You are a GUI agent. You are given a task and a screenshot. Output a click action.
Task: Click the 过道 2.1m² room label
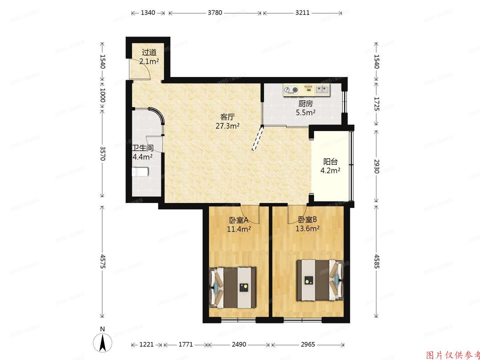pos(149,57)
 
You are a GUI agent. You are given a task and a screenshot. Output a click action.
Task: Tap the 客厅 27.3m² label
pos(228,121)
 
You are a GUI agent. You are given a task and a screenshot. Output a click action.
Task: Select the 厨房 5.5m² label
pos(306,108)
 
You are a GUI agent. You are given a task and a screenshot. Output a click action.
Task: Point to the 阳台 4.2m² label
pos(330,166)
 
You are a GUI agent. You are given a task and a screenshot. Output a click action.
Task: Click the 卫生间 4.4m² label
pos(143,152)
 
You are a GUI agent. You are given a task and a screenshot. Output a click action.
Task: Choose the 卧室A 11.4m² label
pos(239,224)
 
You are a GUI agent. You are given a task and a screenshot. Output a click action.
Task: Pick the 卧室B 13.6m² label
pos(307,224)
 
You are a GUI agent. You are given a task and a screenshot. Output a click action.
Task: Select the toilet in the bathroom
pos(140,172)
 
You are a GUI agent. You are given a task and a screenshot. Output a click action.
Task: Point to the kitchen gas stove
pos(291,89)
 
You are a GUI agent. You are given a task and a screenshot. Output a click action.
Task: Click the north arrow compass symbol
pos(103,342)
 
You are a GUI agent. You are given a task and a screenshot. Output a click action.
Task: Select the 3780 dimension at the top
pos(215,13)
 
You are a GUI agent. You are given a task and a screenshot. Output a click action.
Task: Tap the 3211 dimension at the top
pos(302,13)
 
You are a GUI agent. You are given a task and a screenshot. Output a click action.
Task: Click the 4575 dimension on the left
pos(103,262)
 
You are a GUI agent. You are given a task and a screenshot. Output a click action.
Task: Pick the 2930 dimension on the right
pos(376,166)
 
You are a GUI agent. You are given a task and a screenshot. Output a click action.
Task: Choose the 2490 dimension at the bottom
pos(239,344)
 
